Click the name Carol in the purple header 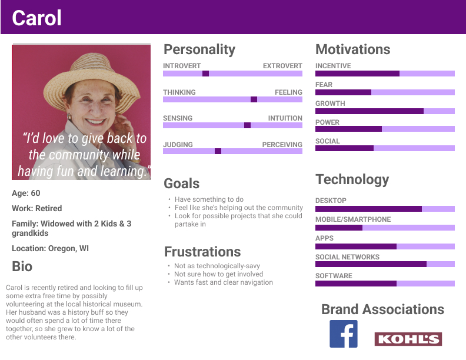[x=36, y=18]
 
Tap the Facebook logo [x=343, y=334]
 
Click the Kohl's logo [x=408, y=339]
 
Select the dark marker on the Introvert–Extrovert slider [x=205, y=74]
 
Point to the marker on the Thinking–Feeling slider [x=254, y=99]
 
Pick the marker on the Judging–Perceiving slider [x=218, y=151]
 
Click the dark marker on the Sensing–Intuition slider [x=247, y=125]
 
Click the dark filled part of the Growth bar [x=370, y=111]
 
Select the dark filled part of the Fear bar [x=343, y=92]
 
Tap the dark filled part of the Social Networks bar [x=371, y=264]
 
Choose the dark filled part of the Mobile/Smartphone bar [x=339, y=228]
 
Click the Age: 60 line [x=26, y=193]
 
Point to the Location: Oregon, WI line [x=50, y=248]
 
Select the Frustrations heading [x=202, y=252]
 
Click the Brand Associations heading [x=383, y=309]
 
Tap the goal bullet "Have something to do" [x=209, y=199]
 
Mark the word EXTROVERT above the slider [x=282, y=66]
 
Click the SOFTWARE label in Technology [x=334, y=276]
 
